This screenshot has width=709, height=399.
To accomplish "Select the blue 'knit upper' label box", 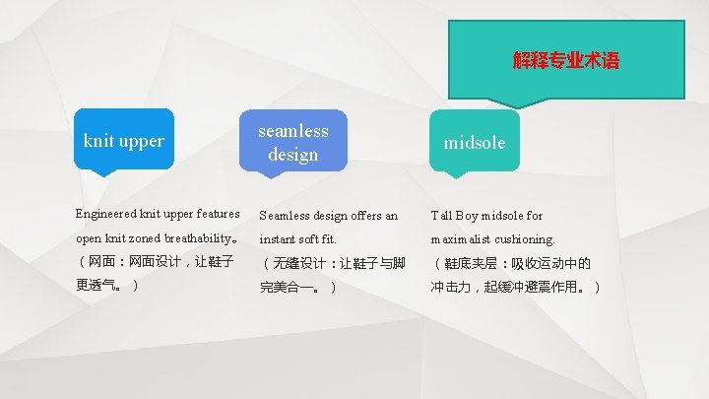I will (123, 140).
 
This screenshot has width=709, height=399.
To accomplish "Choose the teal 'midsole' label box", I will (475, 142).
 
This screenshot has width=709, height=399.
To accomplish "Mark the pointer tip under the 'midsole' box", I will (454, 176).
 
